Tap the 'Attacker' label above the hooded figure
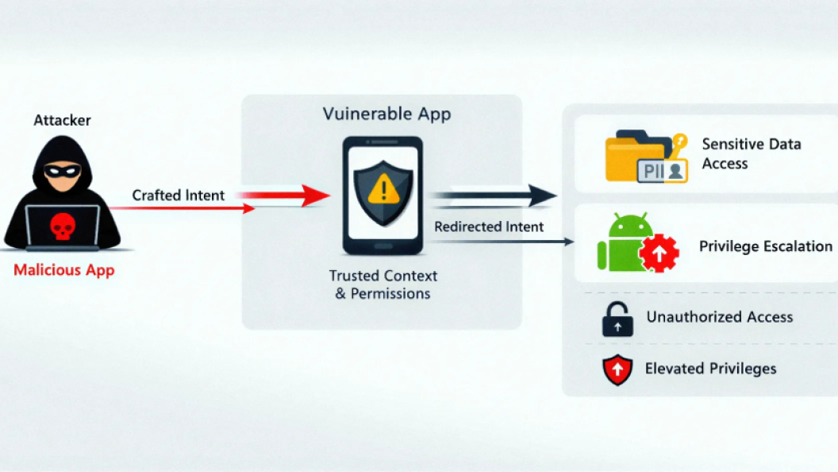(62, 121)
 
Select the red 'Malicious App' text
(63, 270)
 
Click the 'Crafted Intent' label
(179, 195)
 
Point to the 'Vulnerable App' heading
(386, 114)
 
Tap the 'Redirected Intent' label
(489, 226)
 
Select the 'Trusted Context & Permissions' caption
(382, 284)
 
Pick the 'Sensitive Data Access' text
(751, 153)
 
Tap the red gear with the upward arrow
(658, 253)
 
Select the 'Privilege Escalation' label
(765, 246)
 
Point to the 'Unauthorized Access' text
(719, 317)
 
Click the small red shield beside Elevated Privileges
(617, 369)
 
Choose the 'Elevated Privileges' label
(710, 368)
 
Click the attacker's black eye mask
(62, 170)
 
